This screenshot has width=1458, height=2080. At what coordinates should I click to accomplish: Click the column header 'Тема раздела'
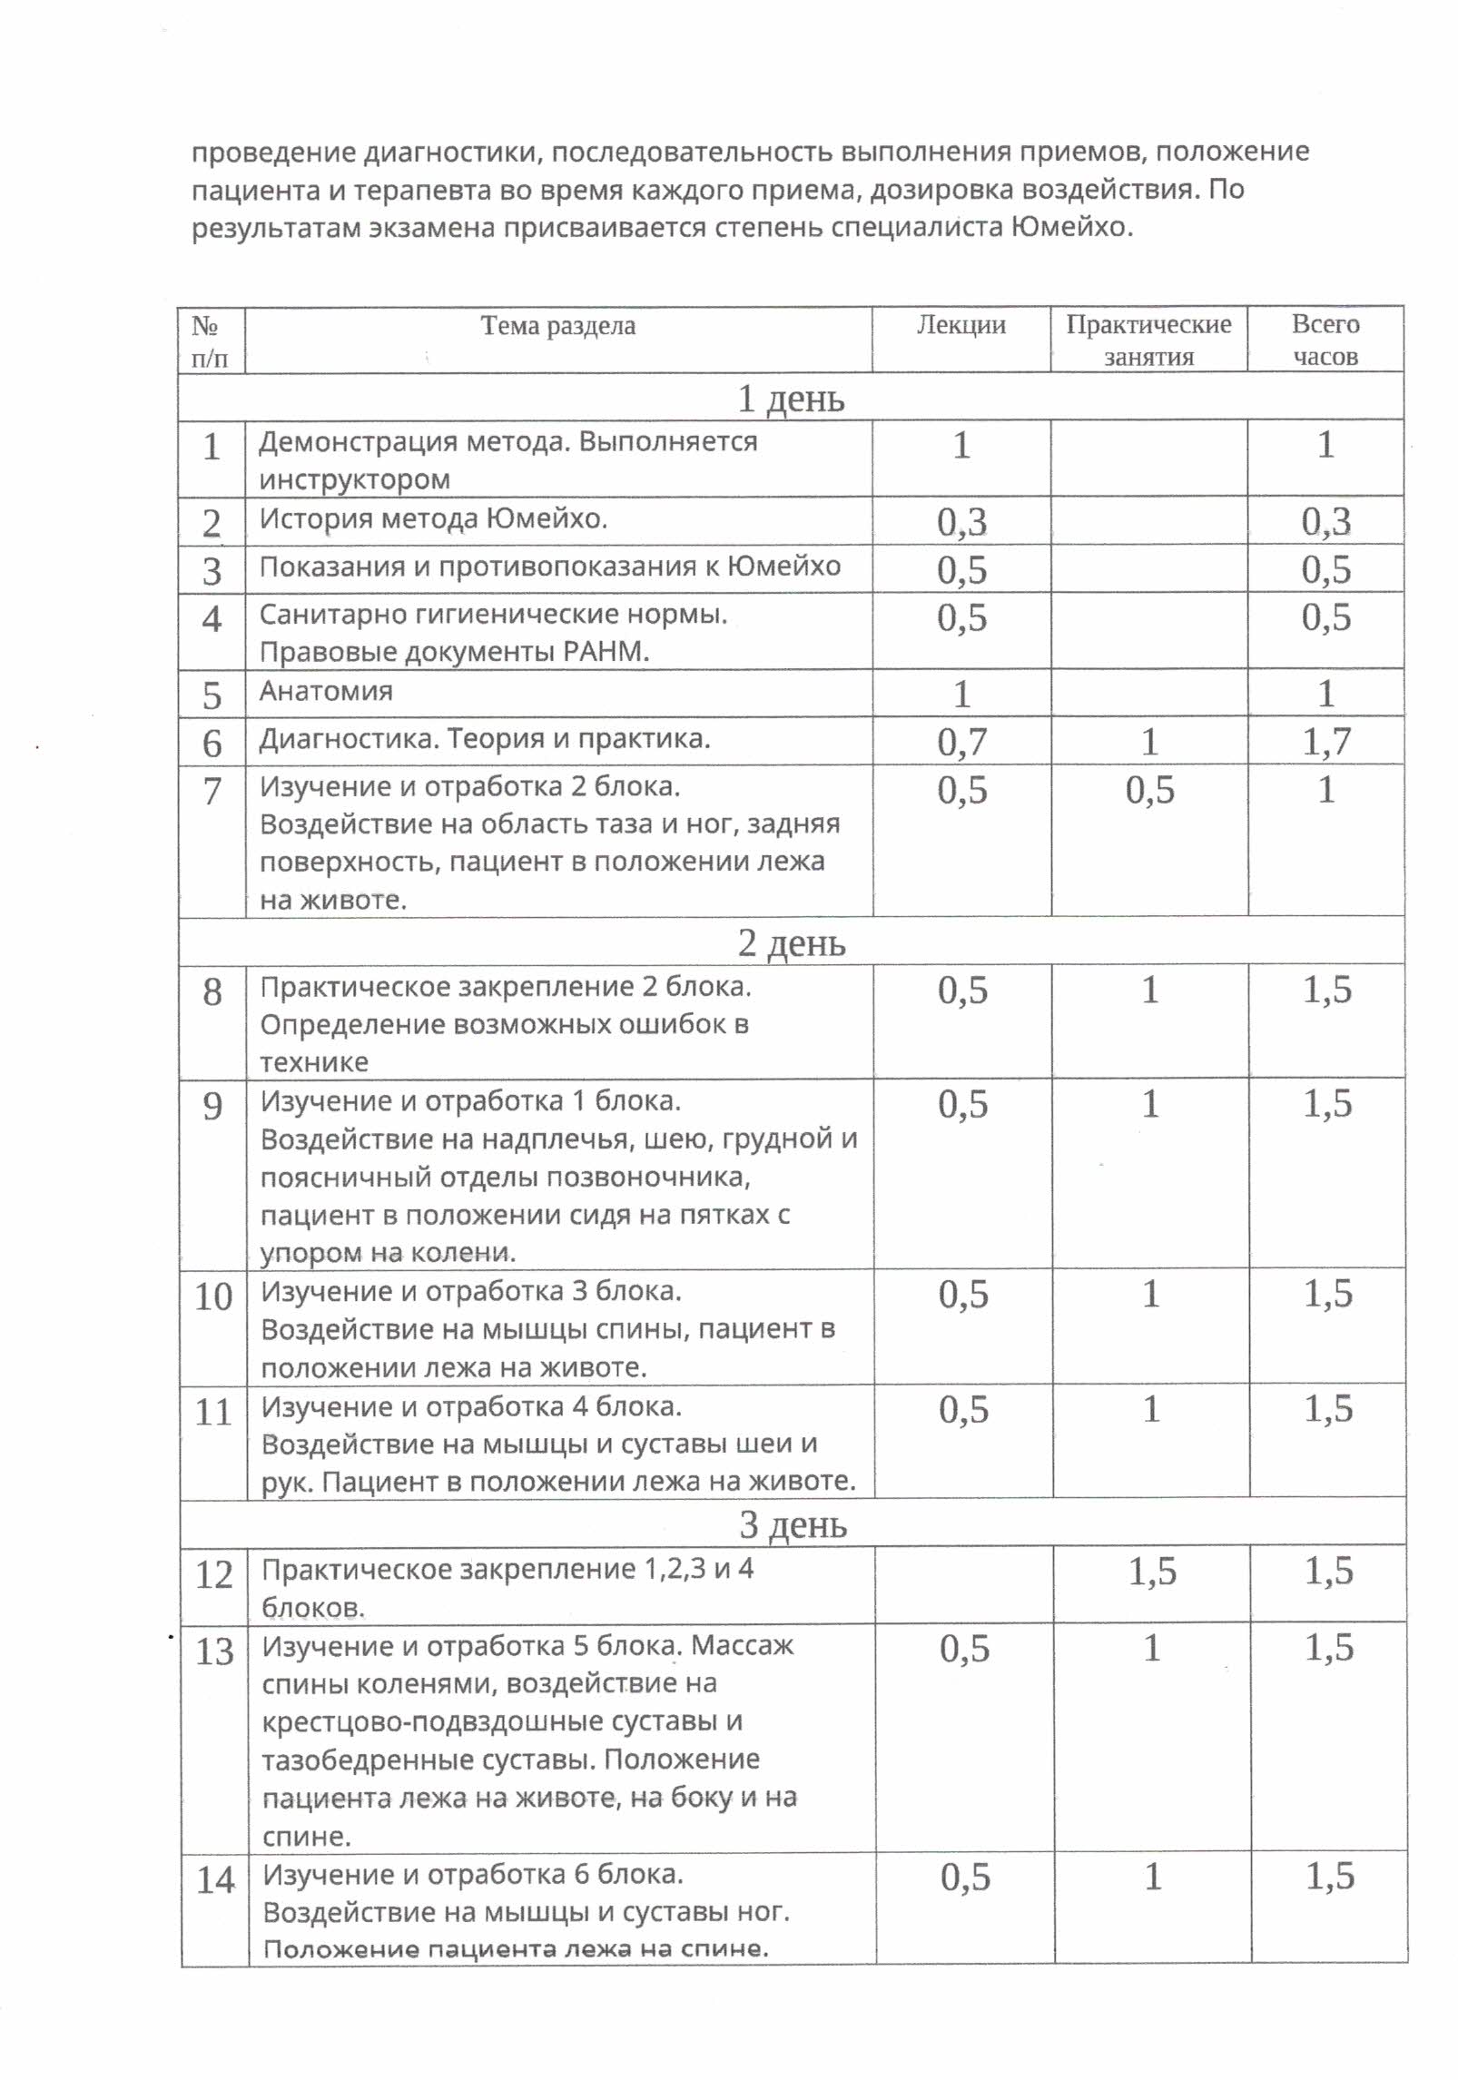pyautogui.click(x=557, y=325)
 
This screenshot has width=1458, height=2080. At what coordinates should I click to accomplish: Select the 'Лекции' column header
pyautogui.click(x=961, y=325)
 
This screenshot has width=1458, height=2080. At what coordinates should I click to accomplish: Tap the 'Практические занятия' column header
pyautogui.click(x=1148, y=340)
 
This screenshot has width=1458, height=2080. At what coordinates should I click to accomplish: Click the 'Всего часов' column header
pyautogui.click(x=1325, y=340)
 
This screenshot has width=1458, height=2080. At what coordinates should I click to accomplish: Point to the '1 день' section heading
pyautogui.click(x=791, y=398)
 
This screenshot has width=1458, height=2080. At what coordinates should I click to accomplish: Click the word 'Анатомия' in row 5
pyautogui.click(x=326, y=691)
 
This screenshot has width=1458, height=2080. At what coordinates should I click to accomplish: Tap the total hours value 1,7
pyautogui.click(x=1326, y=742)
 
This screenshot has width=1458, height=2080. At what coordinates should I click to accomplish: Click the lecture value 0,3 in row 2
pyautogui.click(x=961, y=521)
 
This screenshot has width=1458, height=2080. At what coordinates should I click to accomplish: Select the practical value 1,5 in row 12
pyautogui.click(x=1152, y=1572)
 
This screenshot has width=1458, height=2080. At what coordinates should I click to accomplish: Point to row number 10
pyautogui.click(x=214, y=1296)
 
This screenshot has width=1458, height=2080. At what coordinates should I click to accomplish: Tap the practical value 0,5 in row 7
pyautogui.click(x=1149, y=790)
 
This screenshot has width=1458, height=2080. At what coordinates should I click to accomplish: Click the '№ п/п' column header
pyautogui.click(x=211, y=340)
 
